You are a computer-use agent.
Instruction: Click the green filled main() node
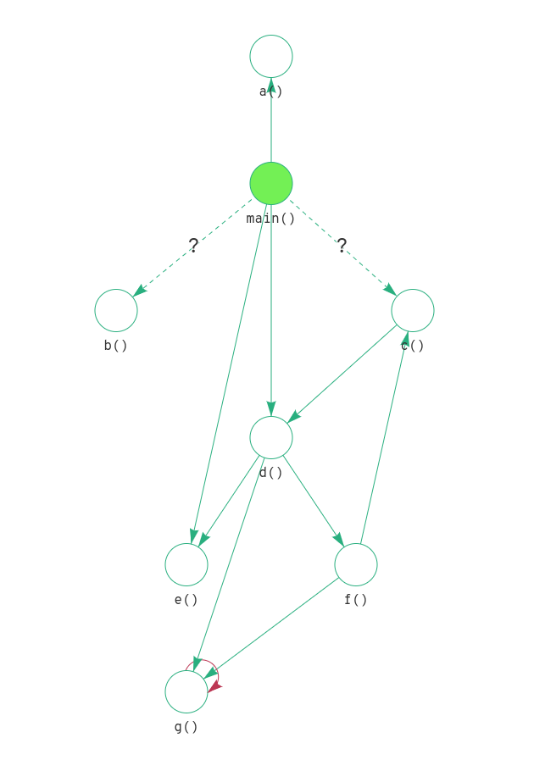(x=271, y=184)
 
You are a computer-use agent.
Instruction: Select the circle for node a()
(x=271, y=57)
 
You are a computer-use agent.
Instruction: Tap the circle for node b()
(x=116, y=311)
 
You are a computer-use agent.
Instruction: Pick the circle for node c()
(x=413, y=311)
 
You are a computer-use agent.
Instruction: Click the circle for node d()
(x=271, y=438)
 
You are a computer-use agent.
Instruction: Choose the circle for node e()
(x=186, y=565)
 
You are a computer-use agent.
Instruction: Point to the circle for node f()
(x=356, y=565)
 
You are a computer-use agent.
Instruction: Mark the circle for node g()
(x=186, y=692)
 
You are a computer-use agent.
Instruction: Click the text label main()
(x=271, y=219)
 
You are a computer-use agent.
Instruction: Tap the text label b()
(x=116, y=346)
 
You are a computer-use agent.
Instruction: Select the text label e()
(x=186, y=600)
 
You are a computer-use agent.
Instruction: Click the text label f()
(x=356, y=600)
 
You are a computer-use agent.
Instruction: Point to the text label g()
(x=186, y=727)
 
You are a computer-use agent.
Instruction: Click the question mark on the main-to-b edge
(x=193, y=246)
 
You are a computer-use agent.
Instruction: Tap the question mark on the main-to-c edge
(x=342, y=246)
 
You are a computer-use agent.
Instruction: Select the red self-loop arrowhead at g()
(x=214, y=686)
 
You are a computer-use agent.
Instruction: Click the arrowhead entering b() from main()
(x=140, y=291)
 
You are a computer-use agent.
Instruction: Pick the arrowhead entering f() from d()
(x=339, y=540)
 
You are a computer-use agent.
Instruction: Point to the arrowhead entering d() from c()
(x=293, y=417)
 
